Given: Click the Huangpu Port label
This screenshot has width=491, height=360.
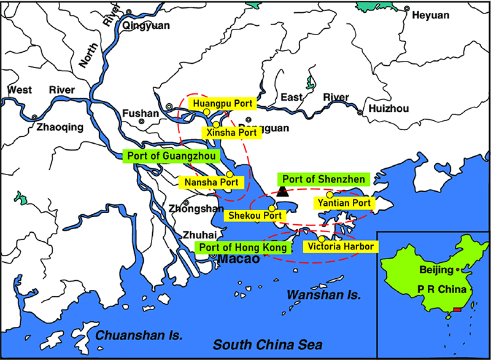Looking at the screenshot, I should pyautogui.click(x=222, y=103).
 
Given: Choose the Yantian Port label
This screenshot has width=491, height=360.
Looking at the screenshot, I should pyautogui.click(x=343, y=203).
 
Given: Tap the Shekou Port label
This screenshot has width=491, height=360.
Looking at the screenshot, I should pyautogui.click(x=255, y=216).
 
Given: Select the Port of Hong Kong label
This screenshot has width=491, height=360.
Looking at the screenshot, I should pyautogui.click(x=242, y=248).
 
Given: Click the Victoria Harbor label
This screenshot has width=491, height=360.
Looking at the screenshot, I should pyautogui.click(x=341, y=247).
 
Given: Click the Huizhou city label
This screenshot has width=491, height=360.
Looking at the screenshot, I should pyautogui.click(x=389, y=109).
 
